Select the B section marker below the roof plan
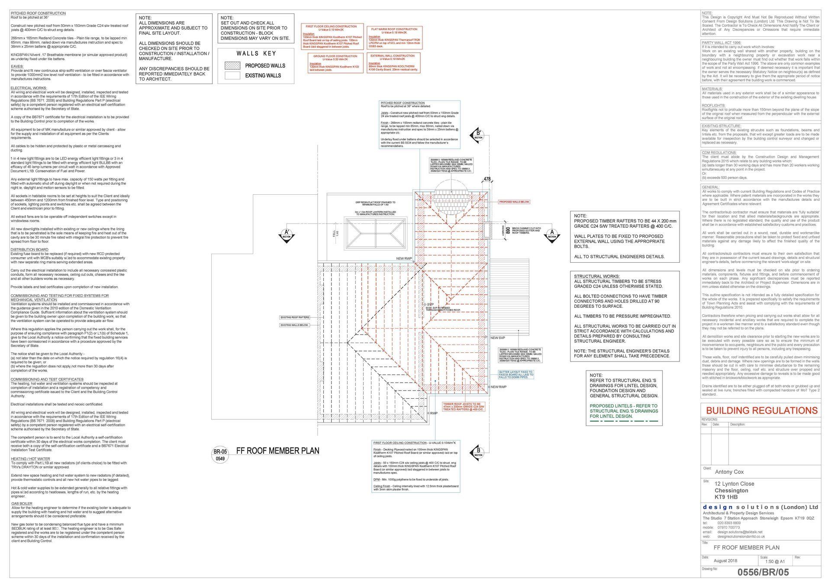click(478, 452)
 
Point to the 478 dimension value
click(487, 179)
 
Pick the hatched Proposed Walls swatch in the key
click(232, 66)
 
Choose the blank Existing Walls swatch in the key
click(232, 76)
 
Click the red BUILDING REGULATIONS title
click(762, 410)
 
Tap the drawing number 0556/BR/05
click(763, 572)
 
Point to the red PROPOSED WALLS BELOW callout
click(514, 202)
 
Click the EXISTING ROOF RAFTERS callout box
click(295, 317)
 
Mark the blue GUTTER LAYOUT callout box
click(516, 374)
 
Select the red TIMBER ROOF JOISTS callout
click(463, 406)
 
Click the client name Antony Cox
click(729, 472)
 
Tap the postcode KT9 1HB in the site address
click(725, 497)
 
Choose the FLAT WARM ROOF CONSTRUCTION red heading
click(394, 29)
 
